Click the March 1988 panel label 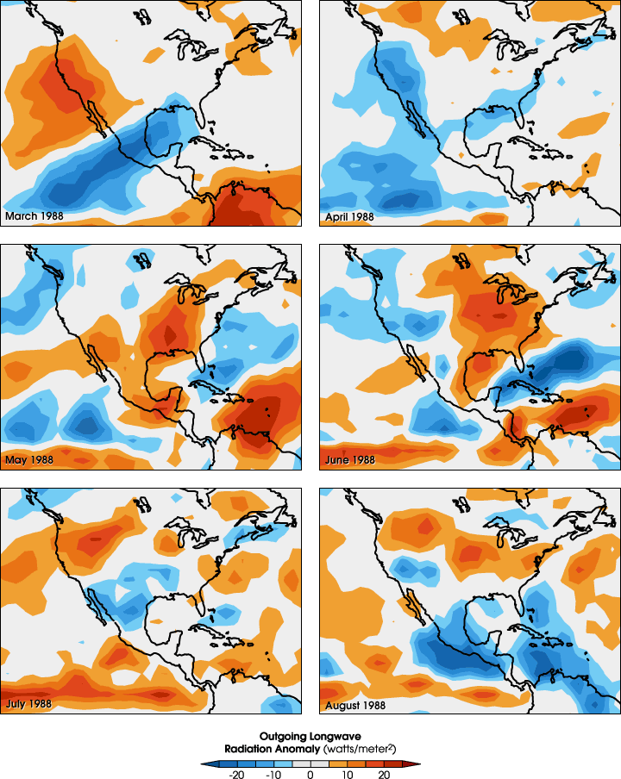(x=34, y=215)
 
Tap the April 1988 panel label (x=349, y=215)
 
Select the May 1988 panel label (x=29, y=459)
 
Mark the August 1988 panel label (x=355, y=705)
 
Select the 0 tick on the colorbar (x=310, y=775)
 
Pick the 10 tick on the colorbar (x=348, y=775)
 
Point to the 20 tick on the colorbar (x=385, y=775)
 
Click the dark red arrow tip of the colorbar (x=417, y=763)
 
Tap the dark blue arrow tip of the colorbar (x=204, y=763)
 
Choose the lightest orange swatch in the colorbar (x=339, y=763)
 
